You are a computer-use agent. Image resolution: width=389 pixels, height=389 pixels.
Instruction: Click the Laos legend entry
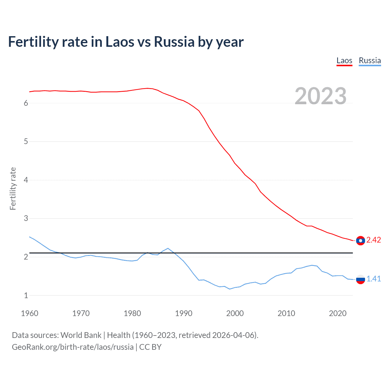[x=344, y=60]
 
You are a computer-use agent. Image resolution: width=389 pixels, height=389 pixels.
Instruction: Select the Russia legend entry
[x=370, y=60]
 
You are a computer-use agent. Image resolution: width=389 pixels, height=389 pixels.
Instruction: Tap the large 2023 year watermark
[x=320, y=96]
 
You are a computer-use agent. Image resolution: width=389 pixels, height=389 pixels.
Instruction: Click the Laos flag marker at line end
[x=360, y=240]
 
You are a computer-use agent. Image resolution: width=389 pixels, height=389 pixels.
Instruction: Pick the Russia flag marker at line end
[x=360, y=279]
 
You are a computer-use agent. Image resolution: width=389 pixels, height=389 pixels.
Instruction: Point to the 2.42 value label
[x=374, y=240]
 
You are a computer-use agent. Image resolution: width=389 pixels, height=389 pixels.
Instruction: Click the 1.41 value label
[x=374, y=279]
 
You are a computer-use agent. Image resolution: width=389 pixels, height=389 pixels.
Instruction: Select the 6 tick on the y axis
[x=26, y=103]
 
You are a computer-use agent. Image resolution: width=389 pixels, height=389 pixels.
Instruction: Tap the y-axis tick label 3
[x=26, y=218]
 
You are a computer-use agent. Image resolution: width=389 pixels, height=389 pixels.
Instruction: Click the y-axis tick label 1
[x=26, y=295]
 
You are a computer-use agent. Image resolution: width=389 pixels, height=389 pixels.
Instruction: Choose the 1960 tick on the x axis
[x=29, y=313]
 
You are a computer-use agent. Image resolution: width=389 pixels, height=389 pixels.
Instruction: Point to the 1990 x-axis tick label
[x=184, y=313]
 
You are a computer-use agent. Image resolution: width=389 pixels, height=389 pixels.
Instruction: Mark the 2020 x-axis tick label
[x=338, y=313]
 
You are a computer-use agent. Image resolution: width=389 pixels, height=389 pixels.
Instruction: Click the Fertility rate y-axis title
[x=13, y=188]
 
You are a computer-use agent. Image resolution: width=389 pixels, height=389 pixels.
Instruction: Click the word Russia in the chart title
[x=174, y=42]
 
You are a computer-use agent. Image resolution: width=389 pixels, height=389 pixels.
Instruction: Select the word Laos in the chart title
[x=119, y=42]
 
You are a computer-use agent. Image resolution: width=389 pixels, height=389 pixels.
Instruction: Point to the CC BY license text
[x=150, y=347]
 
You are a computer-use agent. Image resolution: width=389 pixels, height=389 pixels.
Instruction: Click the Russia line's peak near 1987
[x=168, y=248]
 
